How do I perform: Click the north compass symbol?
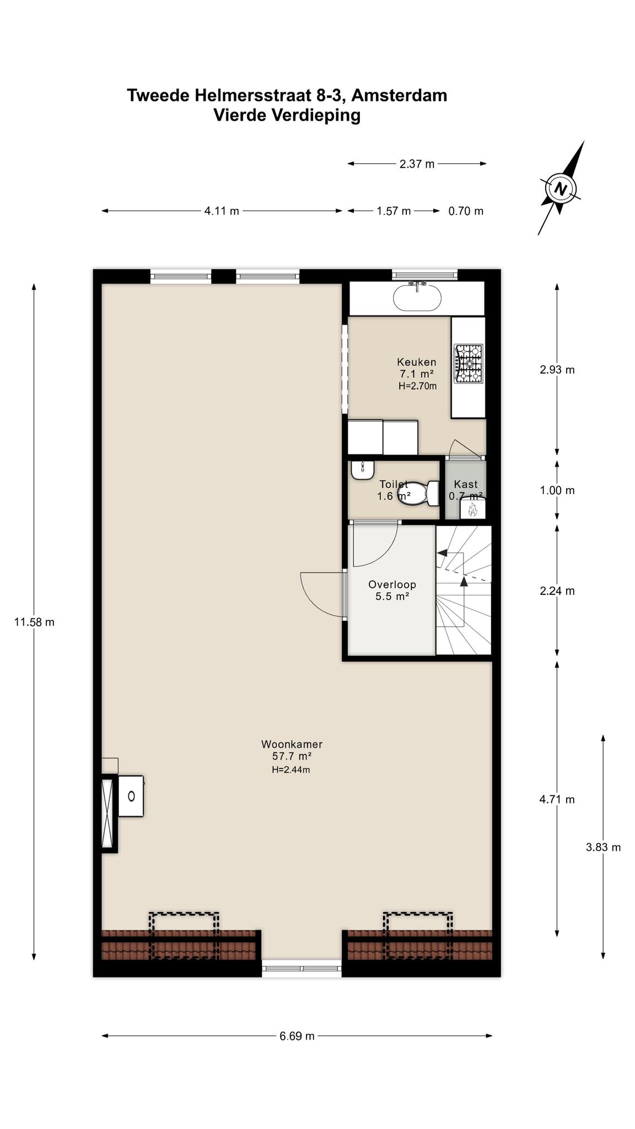(561, 189)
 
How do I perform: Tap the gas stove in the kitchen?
(468, 364)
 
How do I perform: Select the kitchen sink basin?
(417, 298)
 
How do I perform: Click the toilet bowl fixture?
(424, 492)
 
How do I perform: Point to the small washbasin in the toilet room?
(363, 470)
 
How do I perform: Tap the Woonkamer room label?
(292, 744)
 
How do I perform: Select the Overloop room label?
(392, 584)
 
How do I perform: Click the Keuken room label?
(417, 362)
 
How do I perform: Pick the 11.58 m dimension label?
(34, 622)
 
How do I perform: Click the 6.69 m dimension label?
(297, 1036)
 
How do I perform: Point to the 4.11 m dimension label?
(222, 211)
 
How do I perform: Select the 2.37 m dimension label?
(417, 164)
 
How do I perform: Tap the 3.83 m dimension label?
(604, 847)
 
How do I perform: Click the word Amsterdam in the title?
(399, 95)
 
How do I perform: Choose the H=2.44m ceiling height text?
(291, 770)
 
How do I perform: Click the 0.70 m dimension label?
(466, 211)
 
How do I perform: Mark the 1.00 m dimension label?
(557, 490)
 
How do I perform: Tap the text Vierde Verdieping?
(287, 116)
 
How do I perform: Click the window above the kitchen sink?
(425, 274)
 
